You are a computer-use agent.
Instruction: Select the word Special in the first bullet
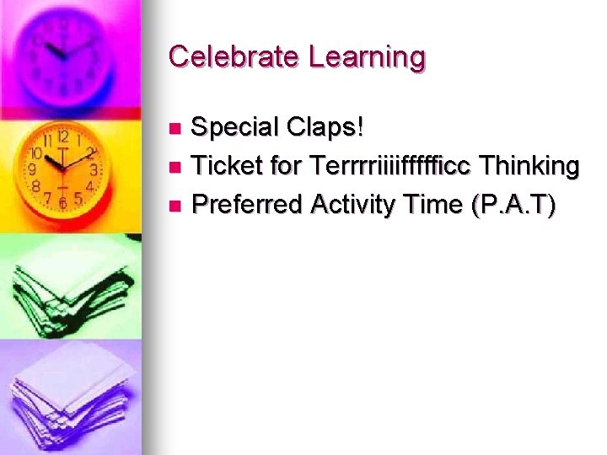pyautogui.click(x=234, y=128)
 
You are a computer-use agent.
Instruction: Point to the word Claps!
pyautogui.click(x=325, y=128)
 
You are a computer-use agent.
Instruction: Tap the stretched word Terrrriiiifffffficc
pyautogui.click(x=390, y=166)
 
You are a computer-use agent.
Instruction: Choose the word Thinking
pyautogui.click(x=529, y=167)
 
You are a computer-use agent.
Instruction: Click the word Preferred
pyautogui.click(x=247, y=204)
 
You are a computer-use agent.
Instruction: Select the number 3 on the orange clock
pyautogui.click(x=95, y=169)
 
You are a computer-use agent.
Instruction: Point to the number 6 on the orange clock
pyautogui.click(x=63, y=203)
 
